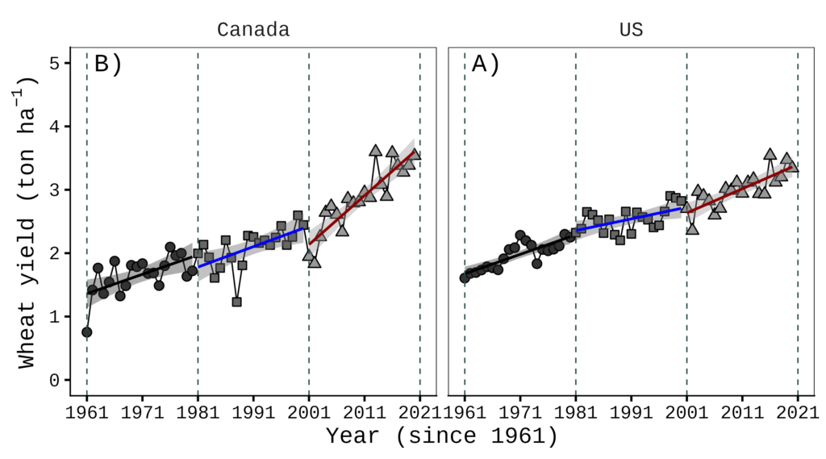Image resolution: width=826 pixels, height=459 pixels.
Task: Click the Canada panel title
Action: (253, 31)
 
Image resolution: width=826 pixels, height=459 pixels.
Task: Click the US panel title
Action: (631, 31)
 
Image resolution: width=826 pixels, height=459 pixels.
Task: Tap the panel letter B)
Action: (107, 64)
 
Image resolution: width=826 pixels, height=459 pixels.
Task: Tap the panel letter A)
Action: (485, 64)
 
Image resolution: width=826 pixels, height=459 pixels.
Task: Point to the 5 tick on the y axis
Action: (55, 63)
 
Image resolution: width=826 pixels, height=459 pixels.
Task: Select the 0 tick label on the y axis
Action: (55, 380)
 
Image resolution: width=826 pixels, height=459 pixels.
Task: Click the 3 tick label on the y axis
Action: (55, 190)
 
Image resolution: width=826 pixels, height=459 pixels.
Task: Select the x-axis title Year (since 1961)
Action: (441, 436)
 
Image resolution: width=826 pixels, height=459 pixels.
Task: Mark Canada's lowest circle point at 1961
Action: (87, 332)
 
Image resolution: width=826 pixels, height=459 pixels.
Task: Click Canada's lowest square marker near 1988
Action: (236, 302)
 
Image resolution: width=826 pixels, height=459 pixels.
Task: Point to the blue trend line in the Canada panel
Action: (253, 247)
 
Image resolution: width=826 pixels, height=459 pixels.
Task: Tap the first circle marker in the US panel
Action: (465, 277)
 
